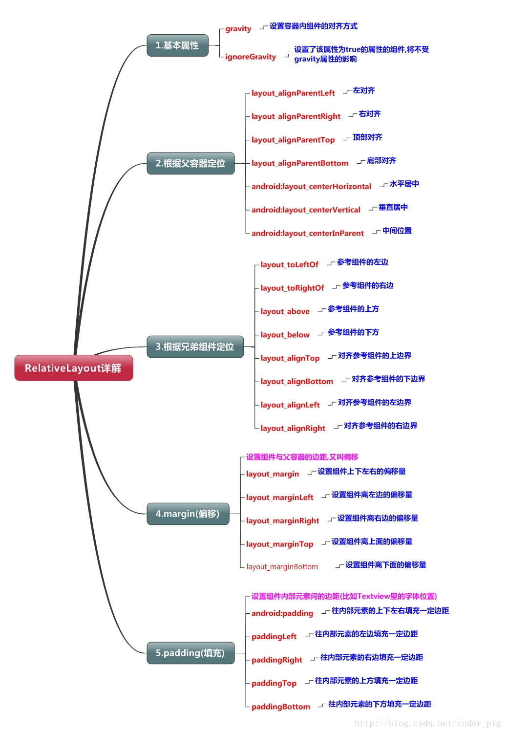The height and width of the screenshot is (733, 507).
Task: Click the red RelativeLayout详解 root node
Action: click(x=73, y=368)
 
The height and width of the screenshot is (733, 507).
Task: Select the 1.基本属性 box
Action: click(x=177, y=45)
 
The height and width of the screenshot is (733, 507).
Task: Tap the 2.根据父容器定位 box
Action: click(x=190, y=163)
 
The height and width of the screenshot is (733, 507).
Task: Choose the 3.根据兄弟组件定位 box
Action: click(x=195, y=346)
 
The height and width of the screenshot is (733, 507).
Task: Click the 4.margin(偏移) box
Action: click(x=188, y=514)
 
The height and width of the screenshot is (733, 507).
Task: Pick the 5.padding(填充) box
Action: click(x=190, y=653)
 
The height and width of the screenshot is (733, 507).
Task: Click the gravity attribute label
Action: click(x=238, y=29)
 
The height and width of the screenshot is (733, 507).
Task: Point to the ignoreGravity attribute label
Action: click(x=251, y=57)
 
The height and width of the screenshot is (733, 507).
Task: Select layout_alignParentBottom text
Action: click(x=300, y=163)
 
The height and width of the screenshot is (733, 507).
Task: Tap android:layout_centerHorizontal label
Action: click(x=311, y=187)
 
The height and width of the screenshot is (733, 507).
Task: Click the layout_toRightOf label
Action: click(x=292, y=288)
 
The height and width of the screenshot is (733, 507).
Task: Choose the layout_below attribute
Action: click(x=285, y=335)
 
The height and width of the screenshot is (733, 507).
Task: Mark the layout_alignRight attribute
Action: click(x=293, y=429)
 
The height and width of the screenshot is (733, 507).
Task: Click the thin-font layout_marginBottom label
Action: click(x=282, y=567)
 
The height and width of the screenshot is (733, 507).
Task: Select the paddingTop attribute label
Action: click(x=274, y=683)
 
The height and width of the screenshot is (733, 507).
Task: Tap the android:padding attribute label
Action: click(x=282, y=613)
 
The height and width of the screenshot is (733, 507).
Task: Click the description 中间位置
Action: click(x=397, y=231)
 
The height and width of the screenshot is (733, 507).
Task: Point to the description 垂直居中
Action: click(x=393, y=207)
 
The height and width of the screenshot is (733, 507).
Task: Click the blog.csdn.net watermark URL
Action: click(x=427, y=723)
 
